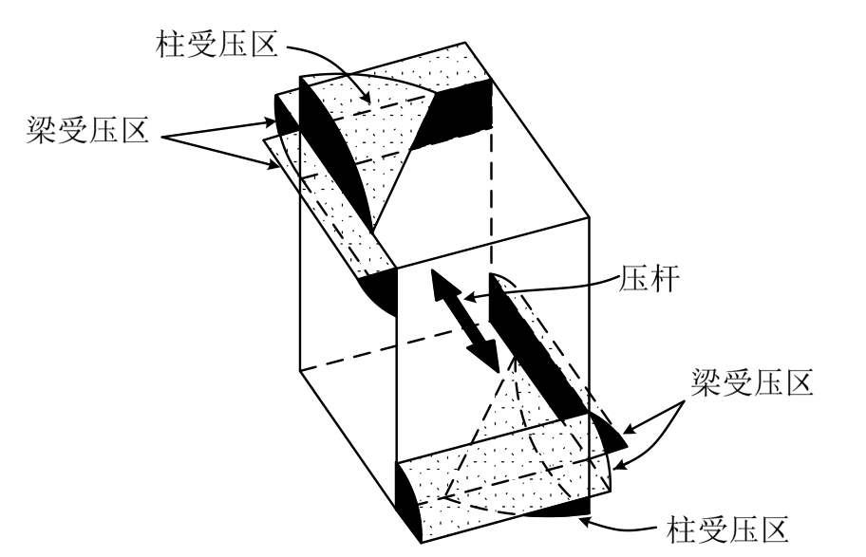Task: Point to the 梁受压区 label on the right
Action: pos(749,385)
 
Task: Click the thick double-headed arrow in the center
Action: pos(466,321)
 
